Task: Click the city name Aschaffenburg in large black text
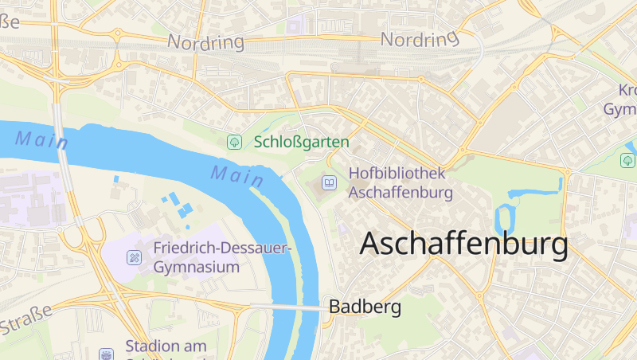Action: [464, 244]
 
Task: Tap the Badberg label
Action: [365, 307]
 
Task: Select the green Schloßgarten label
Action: [302, 142]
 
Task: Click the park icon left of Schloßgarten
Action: [234, 142]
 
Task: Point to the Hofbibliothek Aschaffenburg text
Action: [401, 182]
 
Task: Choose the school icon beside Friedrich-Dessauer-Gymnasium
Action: [135, 256]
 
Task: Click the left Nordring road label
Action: [205, 41]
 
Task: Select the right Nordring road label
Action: [420, 38]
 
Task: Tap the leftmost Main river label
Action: [41, 140]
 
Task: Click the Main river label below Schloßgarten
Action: [237, 174]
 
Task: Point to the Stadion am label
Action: [166, 346]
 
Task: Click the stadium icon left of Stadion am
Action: [106, 354]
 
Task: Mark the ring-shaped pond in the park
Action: [505, 219]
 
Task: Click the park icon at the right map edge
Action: [627, 161]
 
